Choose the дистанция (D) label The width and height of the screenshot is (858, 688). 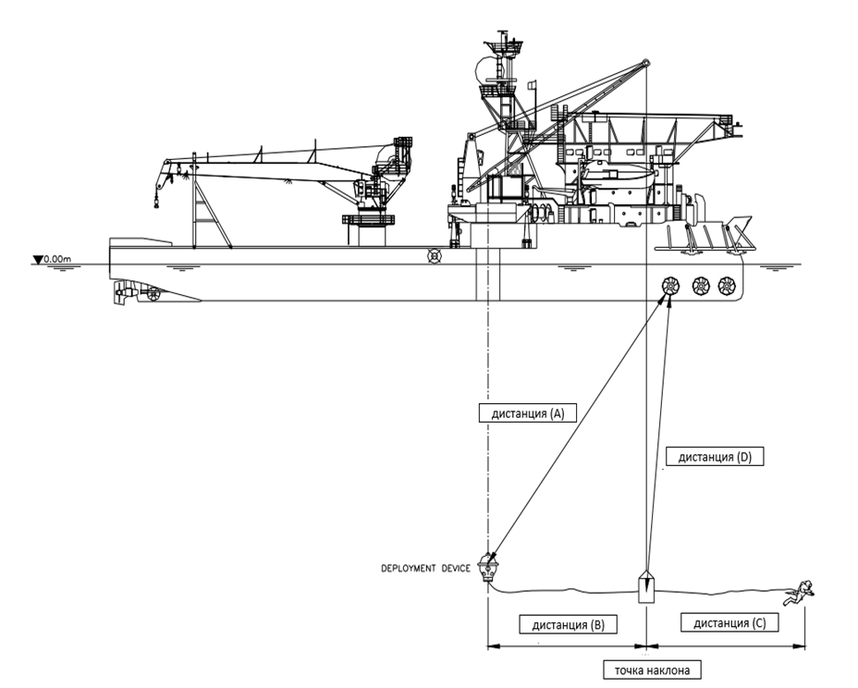pyautogui.click(x=715, y=457)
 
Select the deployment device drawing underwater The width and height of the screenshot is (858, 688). pyautogui.click(x=488, y=566)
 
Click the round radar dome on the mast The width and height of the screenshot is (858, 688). pyautogui.click(x=484, y=69)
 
